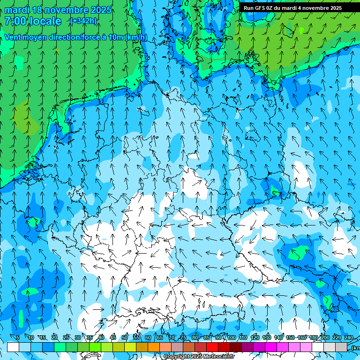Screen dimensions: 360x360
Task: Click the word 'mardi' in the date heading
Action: (17, 10)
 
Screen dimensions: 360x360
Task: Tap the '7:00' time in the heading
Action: (15, 21)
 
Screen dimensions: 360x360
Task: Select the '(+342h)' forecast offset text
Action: (83, 21)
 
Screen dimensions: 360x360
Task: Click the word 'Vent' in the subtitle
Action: (14, 37)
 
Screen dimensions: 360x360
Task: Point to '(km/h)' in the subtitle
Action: (136, 37)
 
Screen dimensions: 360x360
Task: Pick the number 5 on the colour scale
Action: (18, 337)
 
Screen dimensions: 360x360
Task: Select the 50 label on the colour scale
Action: (125, 337)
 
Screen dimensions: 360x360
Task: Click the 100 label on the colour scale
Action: (232, 337)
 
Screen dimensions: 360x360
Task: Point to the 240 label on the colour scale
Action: (349, 337)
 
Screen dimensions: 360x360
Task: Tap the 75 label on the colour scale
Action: (183, 337)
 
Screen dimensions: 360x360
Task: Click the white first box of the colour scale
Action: (13, 347)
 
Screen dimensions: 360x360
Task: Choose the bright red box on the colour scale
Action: (212, 347)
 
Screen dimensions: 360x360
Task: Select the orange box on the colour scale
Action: (154, 347)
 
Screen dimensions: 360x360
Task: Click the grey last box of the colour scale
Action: (341, 347)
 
